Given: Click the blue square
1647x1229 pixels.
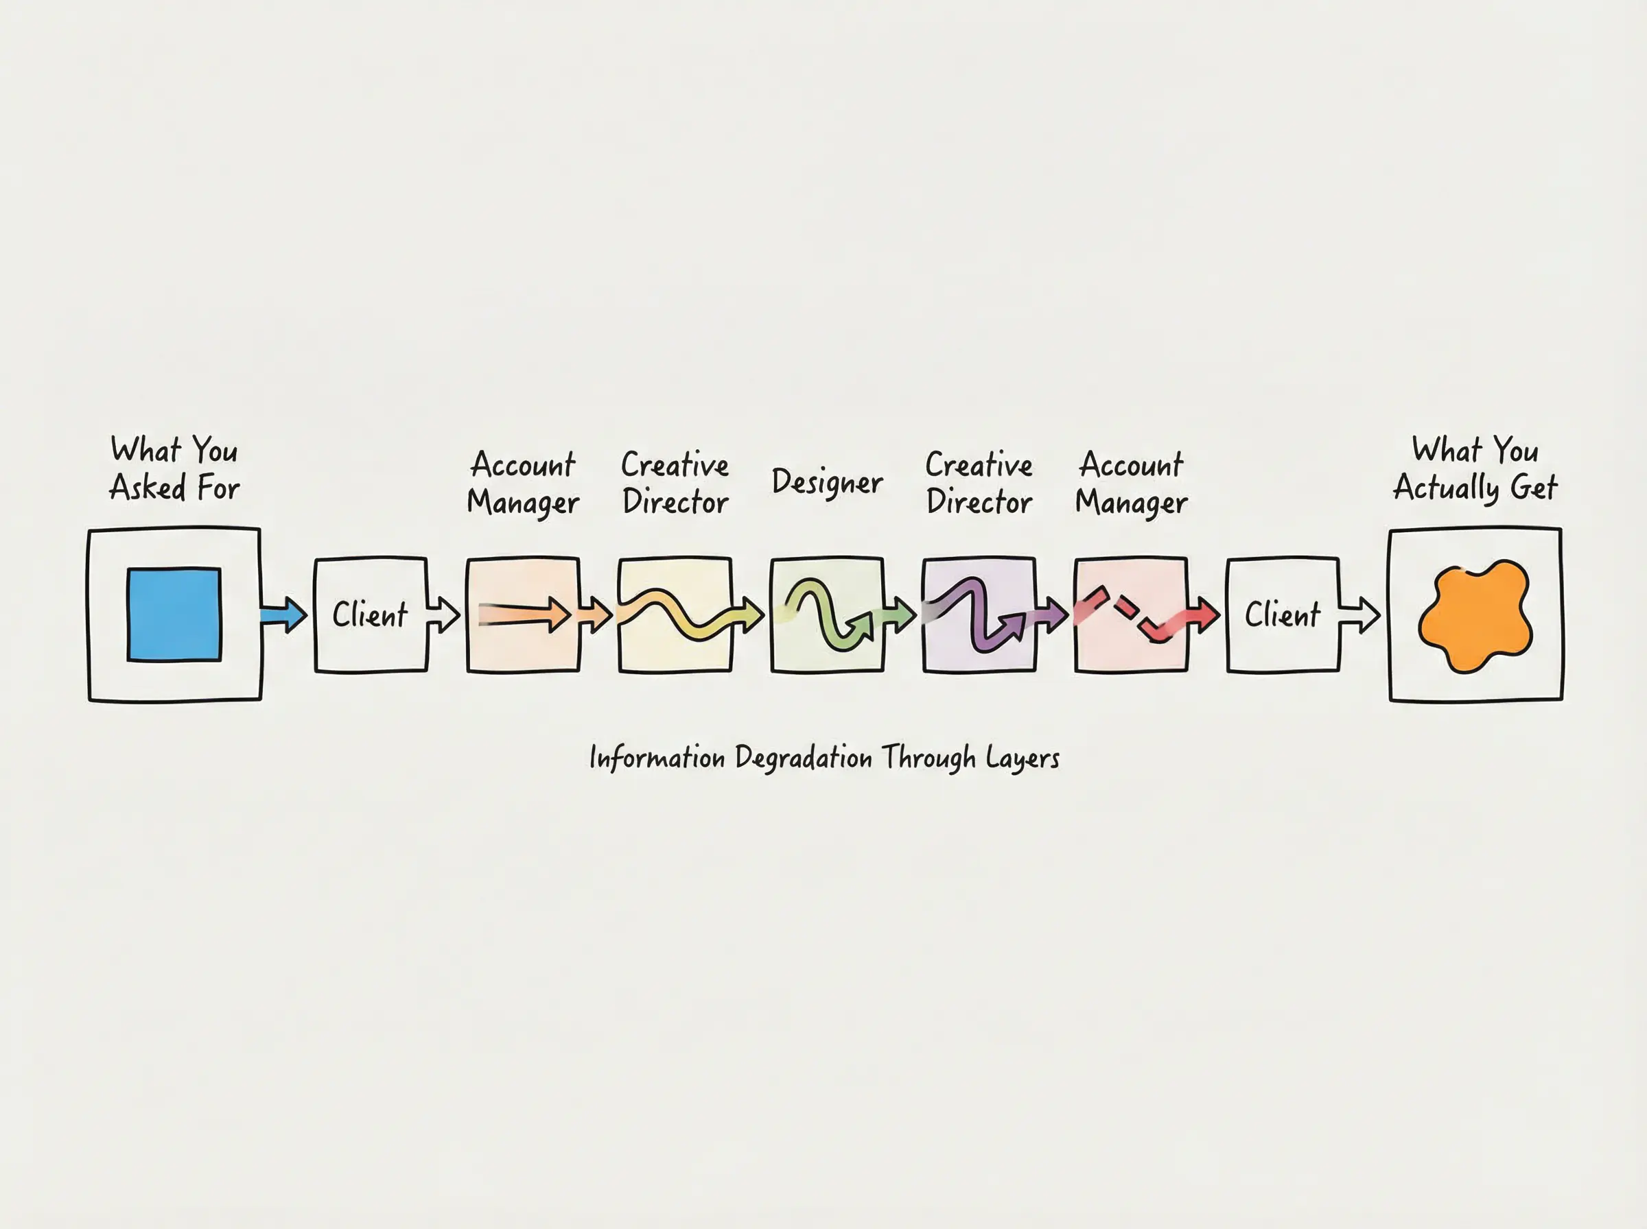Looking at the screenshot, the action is pyautogui.click(x=174, y=614).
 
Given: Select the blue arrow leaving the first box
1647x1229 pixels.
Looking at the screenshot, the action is pyautogui.click(x=283, y=615).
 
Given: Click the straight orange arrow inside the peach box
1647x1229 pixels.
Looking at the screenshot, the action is pyautogui.click(x=525, y=614).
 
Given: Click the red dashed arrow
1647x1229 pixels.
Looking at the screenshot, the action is pyautogui.click(x=1131, y=614).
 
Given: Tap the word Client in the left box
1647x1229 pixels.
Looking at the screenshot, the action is pyautogui.click(x=370, y=615).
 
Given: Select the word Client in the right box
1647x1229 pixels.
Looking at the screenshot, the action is pyautogui.click(x=1283, y=615).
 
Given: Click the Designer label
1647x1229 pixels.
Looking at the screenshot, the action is pyautogui.click(x=827, y=483).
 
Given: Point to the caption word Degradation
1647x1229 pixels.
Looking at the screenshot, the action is pyautogui.click(x=803, y=758).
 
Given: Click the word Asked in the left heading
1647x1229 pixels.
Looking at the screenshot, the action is pyautogui.click(x=148, y=489).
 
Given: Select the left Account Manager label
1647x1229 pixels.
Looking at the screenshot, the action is pyautogui.click(x=523, y=484).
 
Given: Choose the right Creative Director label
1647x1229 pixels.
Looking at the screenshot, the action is pyautogui.click(x=979, y=484).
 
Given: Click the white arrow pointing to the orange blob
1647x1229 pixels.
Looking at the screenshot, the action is pyautogui.click(x=1359, y=615).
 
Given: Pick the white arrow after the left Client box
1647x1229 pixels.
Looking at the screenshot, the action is pyautogui.click(x=443, y=615).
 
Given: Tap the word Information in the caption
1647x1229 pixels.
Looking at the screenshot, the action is pyautogui.click(x=657, y=758).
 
